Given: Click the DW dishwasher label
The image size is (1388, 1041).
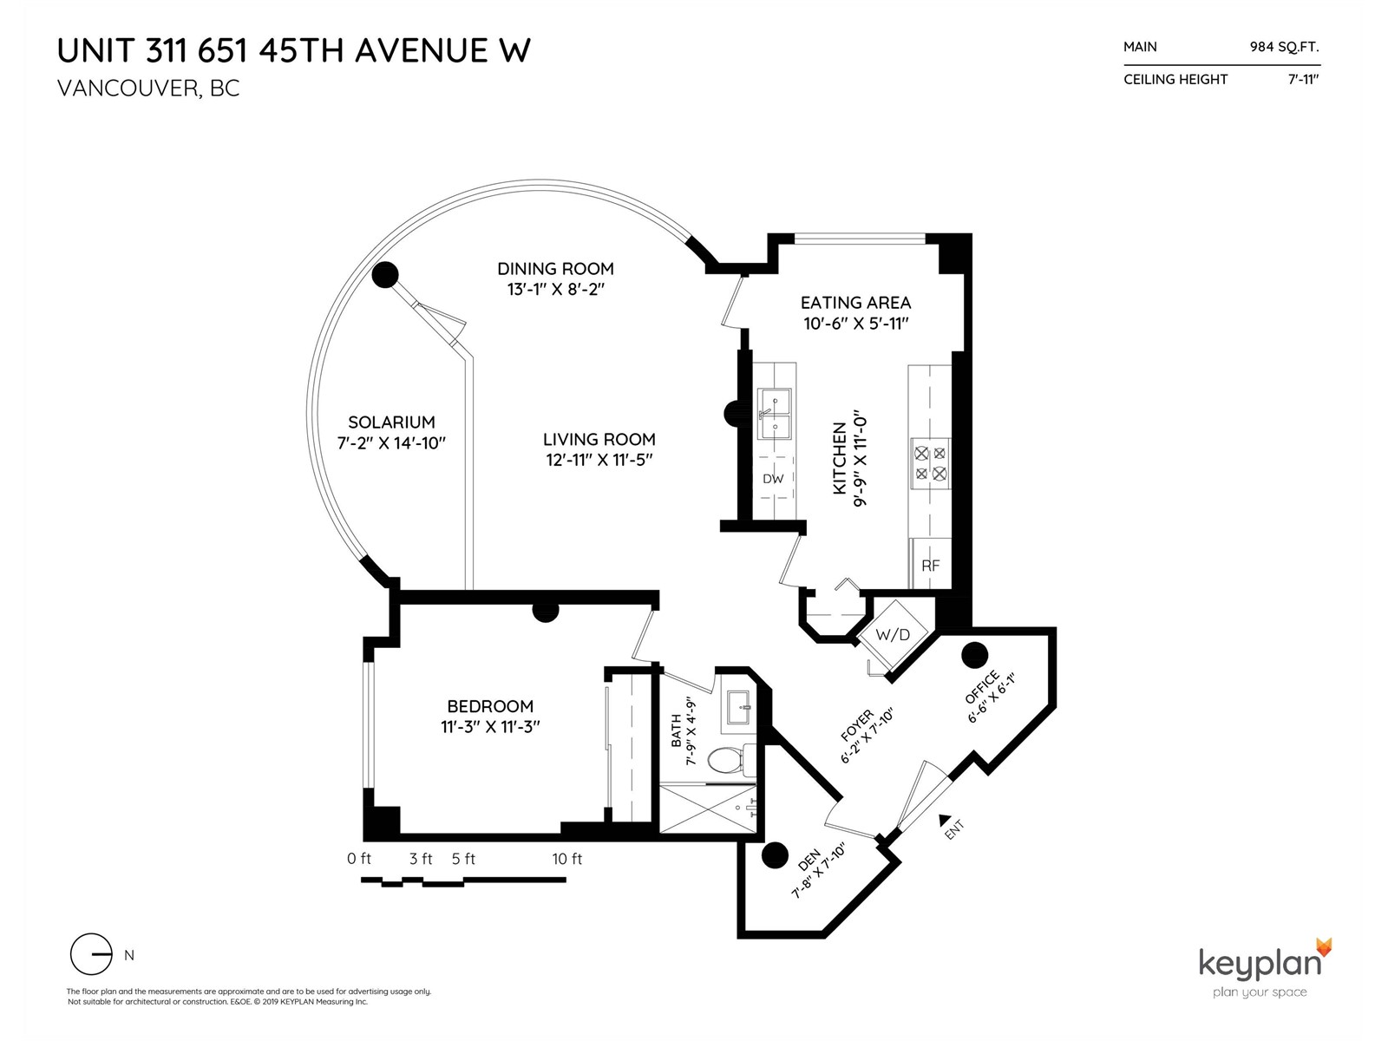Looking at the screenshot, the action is point(773,479).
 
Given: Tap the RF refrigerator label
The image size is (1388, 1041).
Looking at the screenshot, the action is point(930,565).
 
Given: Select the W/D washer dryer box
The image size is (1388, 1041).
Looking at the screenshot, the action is point(893,635).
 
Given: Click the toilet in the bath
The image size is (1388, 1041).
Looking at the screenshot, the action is point(731,760).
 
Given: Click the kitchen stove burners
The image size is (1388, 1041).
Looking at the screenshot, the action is point(930,463).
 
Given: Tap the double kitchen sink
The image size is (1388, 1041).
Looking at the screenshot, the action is point(774,414).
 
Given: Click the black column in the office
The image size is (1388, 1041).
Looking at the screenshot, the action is point(974,656).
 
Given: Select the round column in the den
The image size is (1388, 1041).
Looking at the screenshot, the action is point(774,856).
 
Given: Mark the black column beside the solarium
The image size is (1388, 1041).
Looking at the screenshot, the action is point(385,275).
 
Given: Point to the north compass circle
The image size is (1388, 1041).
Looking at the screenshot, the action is point(91,953).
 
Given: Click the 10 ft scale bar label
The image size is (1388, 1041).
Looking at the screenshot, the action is point(566,859).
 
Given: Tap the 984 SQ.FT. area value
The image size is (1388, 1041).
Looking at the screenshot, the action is point(1284,47).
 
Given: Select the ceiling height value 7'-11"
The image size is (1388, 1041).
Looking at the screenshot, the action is point(1303,80).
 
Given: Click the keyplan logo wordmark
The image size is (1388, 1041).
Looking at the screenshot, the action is point(1260,966).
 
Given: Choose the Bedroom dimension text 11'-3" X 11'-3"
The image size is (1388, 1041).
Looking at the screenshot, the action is point(490,727).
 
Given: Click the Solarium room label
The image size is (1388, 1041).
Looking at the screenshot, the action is point(391,422).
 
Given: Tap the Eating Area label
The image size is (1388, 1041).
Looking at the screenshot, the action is point(855,303).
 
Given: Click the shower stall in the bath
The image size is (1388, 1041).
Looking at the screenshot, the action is point(708,809).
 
